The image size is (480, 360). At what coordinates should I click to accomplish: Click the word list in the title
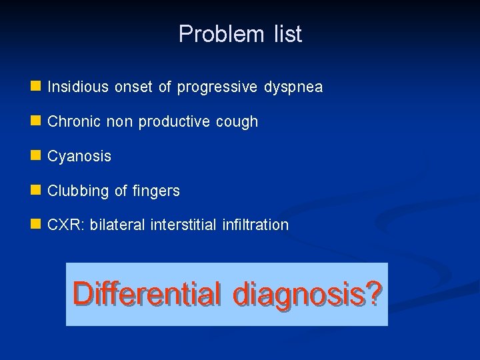click(287, 34)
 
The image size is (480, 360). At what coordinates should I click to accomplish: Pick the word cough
click(239, 123)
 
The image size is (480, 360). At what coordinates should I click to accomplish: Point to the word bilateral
click(118, 225)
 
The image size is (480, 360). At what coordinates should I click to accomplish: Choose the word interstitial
click(182, 225)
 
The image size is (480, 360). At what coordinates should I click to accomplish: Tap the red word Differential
click(147, 293)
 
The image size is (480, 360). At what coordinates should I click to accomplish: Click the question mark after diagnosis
click(375, 293)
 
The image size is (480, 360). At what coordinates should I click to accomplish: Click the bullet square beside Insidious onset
click(35, 87)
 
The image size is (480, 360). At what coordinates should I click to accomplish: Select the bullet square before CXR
click(35, 225)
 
